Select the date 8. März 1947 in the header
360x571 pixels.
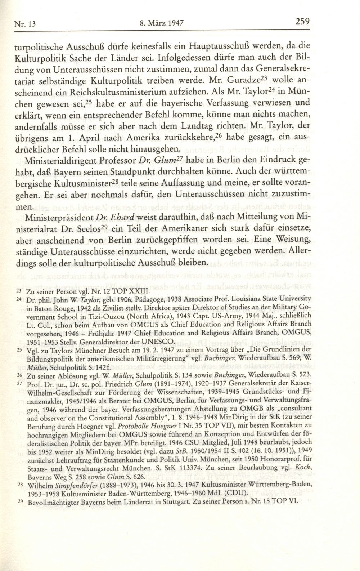click(161, 24)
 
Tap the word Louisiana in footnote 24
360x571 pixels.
click(237, 299)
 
